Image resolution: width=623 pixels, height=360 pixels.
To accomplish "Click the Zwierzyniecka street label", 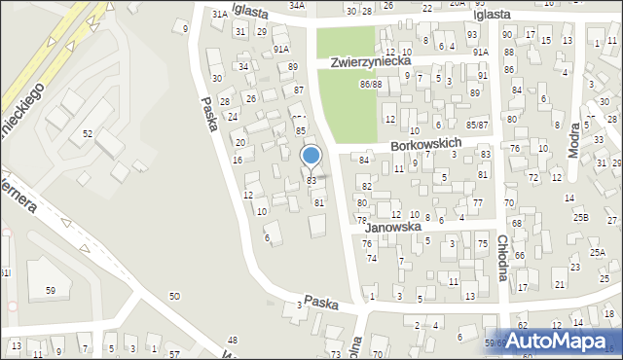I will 369,60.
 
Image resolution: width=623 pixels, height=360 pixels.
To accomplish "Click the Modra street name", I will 601,137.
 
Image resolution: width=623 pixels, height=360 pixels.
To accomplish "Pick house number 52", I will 88,133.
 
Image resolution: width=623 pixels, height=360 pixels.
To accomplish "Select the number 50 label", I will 175,296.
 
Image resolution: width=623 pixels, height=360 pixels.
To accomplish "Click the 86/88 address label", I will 370,86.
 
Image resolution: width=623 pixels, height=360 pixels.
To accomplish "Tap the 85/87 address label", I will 477,125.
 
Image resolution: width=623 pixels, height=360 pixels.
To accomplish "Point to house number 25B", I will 581,217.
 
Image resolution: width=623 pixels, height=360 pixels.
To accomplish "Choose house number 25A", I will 597,252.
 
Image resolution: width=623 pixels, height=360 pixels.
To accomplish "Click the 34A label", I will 297,5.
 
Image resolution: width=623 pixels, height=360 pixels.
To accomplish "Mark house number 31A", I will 220,14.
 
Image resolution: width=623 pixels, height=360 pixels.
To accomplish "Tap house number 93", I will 472,35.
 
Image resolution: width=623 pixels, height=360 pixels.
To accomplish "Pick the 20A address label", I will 457,4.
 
